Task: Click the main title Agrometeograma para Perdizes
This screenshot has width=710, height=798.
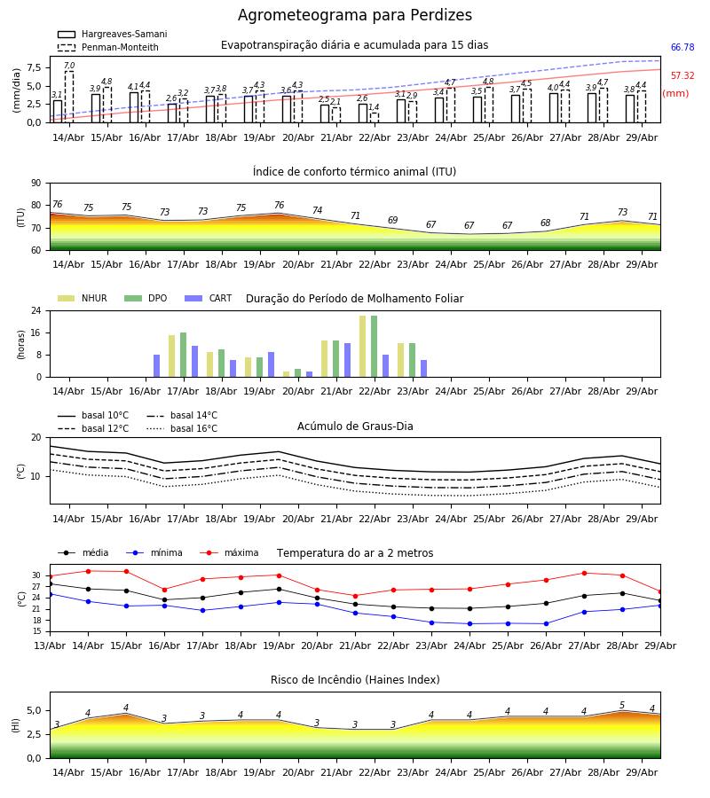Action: tap(354, 15)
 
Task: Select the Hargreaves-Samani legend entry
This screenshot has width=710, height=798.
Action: tap(112, 34)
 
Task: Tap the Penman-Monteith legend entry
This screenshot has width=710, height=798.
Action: tap(108, 47)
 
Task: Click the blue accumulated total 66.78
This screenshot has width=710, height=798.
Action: tap(682, 47)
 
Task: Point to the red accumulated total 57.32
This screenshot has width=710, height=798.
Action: tap(682, 76)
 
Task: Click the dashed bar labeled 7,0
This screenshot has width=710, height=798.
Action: tap(68, 97)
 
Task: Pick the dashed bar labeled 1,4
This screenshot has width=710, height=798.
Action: tap(375, 118)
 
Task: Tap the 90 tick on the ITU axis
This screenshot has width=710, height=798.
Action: tap(36, 184)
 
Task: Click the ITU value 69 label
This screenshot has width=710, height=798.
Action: tap(392, 220)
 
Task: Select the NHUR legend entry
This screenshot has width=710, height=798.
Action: tap(83, 298)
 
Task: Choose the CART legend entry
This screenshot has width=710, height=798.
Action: tap(209, 298)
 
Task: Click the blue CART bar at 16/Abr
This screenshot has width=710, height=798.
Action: tap(157, 366)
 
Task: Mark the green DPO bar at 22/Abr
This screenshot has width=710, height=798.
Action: tap(375, 347)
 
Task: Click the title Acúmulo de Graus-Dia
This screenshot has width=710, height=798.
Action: tap(355, 426)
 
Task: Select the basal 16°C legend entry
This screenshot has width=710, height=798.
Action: tap(182, 428)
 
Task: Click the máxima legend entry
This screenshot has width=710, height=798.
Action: tap(229, 552)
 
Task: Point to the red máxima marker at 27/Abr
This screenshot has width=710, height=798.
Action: tap(584, 574)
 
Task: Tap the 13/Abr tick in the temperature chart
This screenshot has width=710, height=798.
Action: tap(50, 645)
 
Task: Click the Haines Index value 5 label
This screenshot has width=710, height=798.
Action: tap(622, 705)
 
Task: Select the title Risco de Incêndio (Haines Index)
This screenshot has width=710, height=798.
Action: tap(355, 679)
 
